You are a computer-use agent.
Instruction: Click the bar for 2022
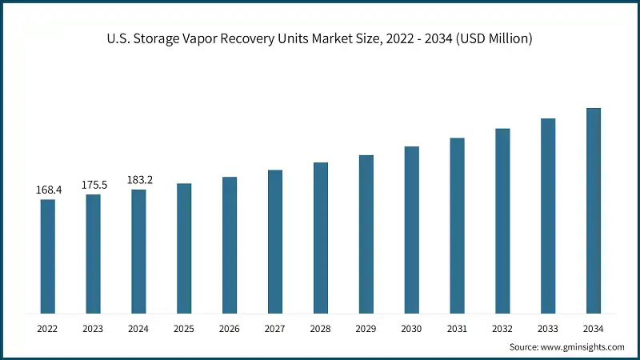click(x=48, y=256)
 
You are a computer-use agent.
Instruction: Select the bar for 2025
click(x=184, y=248)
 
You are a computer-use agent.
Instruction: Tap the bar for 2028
click(x=321, y=238)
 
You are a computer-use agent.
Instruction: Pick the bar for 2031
click(x=457, y=225)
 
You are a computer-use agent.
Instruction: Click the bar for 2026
click(x=230, y=245)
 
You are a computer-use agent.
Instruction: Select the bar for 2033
click(x=548, y=216)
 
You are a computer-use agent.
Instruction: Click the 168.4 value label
click(x=48, y=190)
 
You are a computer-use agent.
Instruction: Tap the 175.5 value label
click(x=94, y=185)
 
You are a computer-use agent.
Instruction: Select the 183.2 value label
click(x=139, y=180)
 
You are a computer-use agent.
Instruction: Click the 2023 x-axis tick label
click(x=94, y=328)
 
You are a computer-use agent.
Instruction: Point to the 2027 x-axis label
click(x=275, y=328)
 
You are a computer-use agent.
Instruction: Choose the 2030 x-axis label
click(x=411, y=328)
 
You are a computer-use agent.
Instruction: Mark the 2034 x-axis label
click(x=594, y=328)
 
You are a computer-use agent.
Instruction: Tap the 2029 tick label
click(x=366, y=328)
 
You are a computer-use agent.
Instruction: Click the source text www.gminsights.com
click(x=583, y=347)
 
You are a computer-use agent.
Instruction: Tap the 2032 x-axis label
click(x=502, y=328)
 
